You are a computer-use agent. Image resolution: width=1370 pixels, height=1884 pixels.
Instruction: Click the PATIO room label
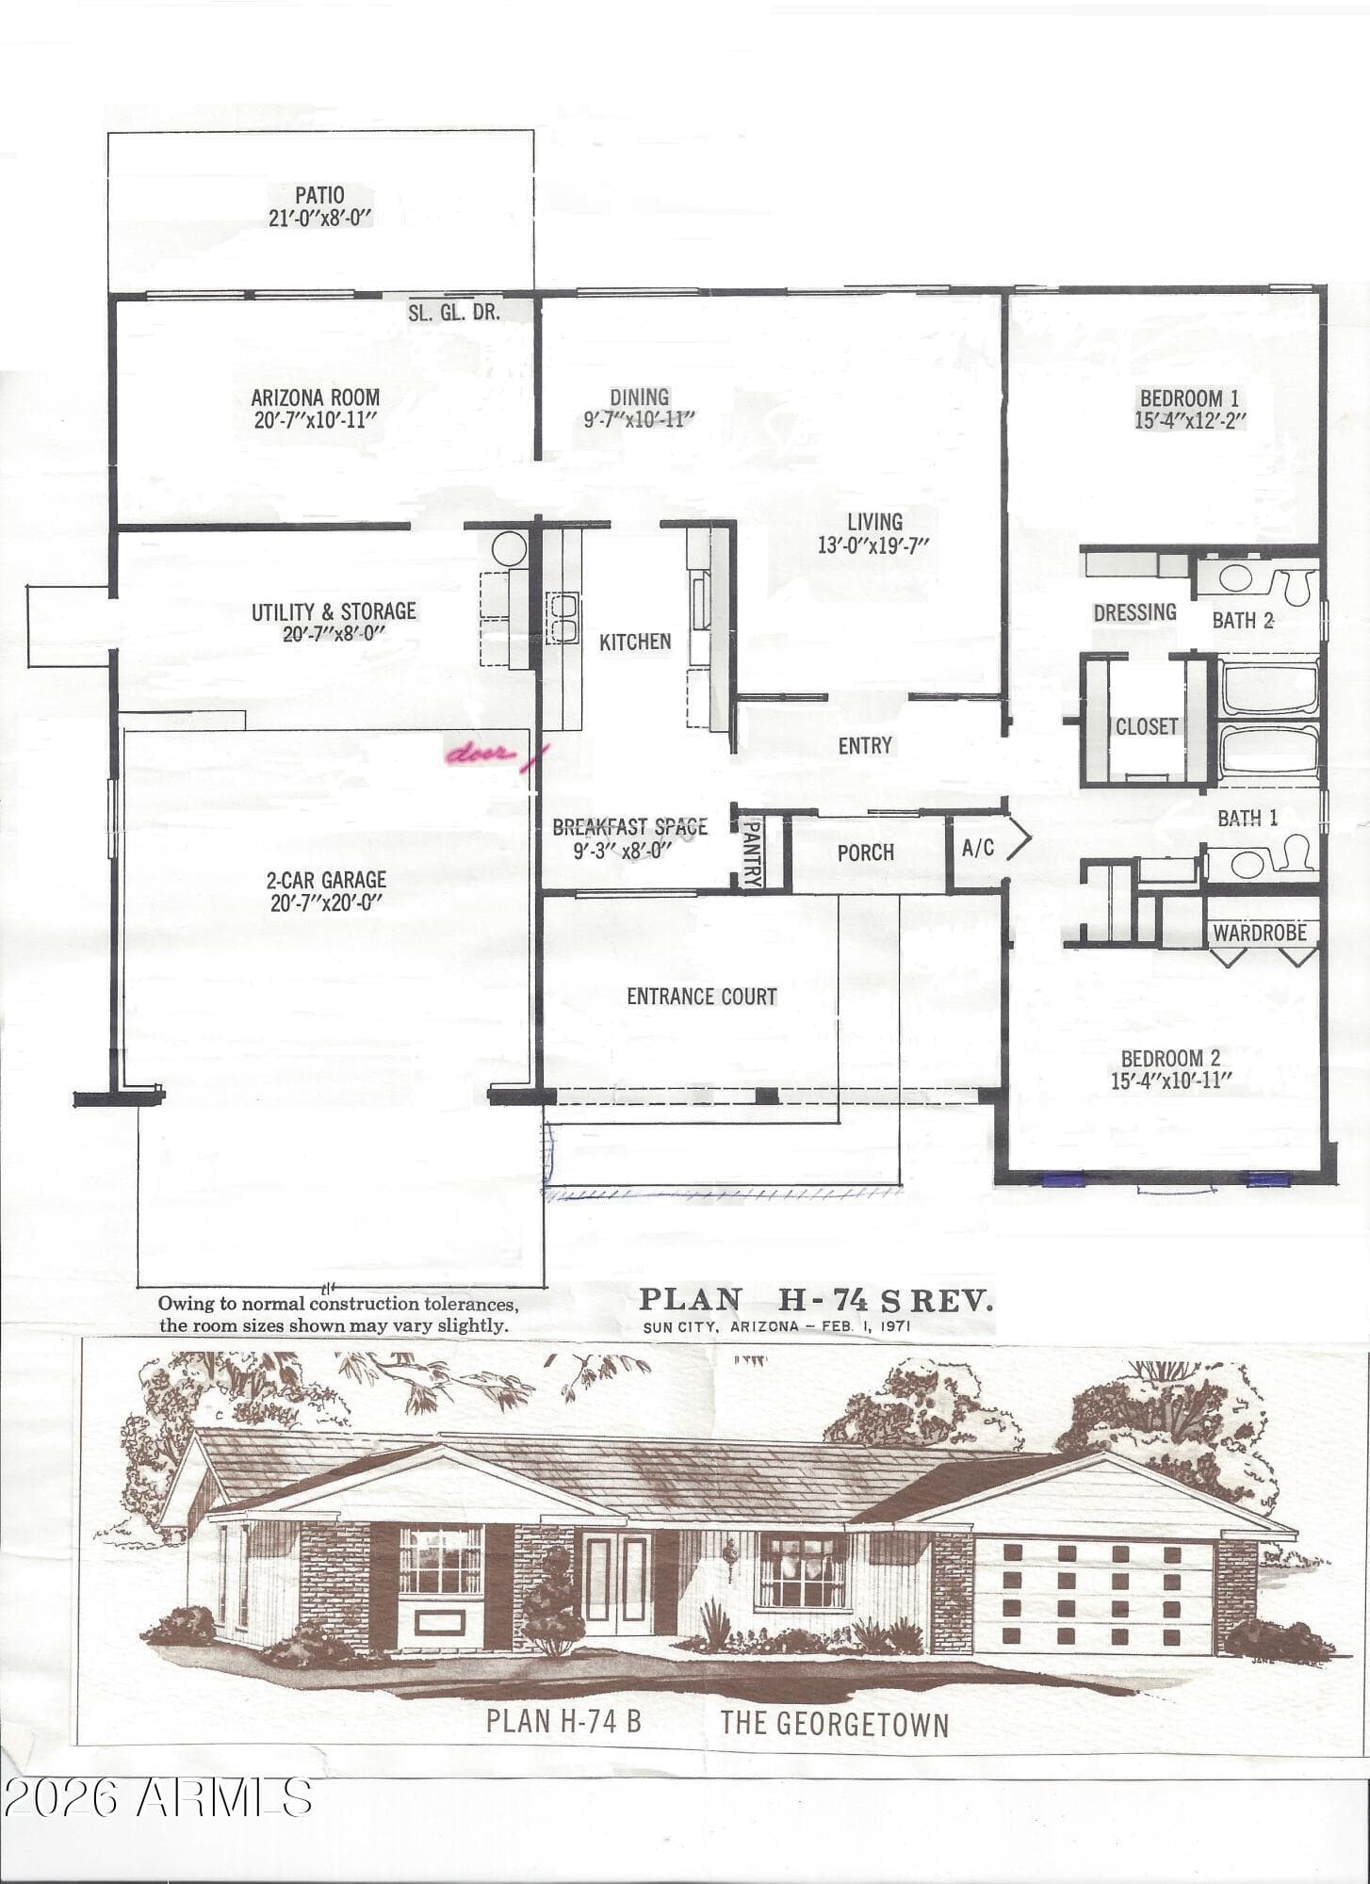tap(319, 195)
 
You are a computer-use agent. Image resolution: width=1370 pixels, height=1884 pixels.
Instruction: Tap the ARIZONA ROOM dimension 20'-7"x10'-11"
tap(316, 420)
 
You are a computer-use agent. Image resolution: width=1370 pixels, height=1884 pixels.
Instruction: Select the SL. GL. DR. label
tap(454, 312)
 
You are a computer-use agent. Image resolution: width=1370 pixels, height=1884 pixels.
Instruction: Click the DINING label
tap(639, 398)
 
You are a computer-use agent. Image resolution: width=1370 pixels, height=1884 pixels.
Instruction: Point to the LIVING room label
tap(874, 522)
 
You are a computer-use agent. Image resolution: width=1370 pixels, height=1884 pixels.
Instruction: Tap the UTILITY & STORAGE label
tap(334, 611)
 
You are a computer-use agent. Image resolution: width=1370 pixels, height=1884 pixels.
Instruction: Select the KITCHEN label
tap(635, 642)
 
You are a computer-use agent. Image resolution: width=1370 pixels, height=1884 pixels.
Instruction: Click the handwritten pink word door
tap(481, 754)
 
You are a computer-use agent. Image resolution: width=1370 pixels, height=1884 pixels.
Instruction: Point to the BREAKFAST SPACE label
tap(629, 827)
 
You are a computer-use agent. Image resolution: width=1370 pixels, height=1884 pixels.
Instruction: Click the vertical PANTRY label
tap(752, 853)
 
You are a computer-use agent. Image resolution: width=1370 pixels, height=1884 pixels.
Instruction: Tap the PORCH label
tap(866, 853)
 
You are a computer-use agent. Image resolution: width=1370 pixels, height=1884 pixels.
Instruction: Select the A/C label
tap(978, 847)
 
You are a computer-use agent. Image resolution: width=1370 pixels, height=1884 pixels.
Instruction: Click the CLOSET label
tap(1147, 726)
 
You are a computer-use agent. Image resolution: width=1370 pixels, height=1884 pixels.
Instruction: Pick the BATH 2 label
tap(1243, 620)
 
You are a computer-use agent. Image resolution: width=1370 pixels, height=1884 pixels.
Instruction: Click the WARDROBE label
tap(1260, 933)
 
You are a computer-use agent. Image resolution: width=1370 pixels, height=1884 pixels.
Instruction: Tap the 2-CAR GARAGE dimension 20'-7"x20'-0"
tap(326, 902)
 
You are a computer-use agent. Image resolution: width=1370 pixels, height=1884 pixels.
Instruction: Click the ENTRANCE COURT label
tap(702, 997)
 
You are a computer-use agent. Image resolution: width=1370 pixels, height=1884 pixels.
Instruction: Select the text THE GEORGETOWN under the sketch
tap(835, 1724)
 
